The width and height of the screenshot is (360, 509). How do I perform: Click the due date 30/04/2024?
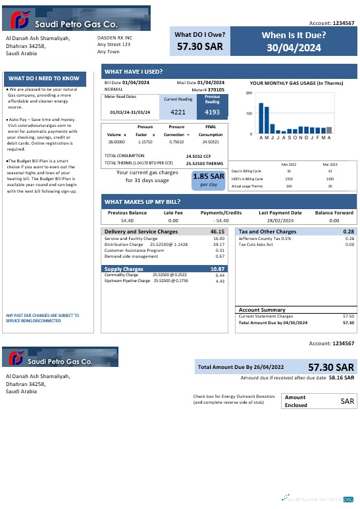point(294,47)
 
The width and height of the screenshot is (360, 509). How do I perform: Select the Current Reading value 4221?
point(173,112)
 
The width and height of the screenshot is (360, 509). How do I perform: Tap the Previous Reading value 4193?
point(212,112)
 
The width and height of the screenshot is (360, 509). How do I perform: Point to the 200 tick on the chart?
point(249,93)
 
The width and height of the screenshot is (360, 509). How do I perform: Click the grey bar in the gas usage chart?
point(329,130)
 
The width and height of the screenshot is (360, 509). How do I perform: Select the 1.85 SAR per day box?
point(209,180)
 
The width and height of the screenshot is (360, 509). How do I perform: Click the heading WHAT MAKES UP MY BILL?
point(142,201)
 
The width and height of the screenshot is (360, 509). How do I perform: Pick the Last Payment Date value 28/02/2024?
point(279,221)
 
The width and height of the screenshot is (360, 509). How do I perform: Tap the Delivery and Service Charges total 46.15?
point(217,232)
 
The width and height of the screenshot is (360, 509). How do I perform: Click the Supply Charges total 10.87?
point(217,269)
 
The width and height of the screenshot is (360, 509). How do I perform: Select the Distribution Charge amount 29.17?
point(219,245)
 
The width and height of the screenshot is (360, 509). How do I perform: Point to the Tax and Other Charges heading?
point(267,232)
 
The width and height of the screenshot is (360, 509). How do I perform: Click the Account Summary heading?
point(262,310)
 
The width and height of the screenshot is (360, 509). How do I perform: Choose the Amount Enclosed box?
point(319,400)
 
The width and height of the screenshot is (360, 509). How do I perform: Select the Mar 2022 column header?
point(289,164)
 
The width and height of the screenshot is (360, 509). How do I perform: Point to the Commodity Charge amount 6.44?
point(220,275)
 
